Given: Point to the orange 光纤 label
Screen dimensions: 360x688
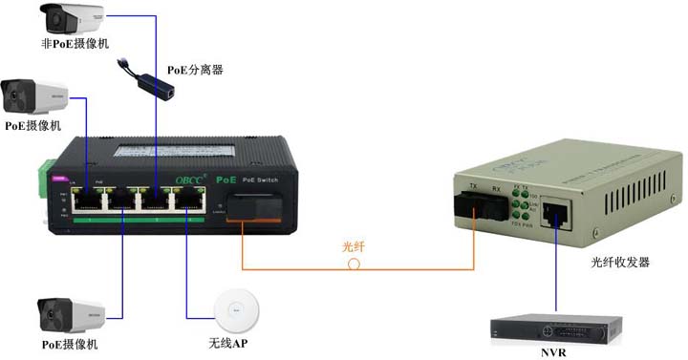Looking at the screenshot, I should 354,246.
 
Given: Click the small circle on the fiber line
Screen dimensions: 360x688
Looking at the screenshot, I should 354,265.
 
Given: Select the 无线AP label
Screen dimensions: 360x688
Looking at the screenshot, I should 229,343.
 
